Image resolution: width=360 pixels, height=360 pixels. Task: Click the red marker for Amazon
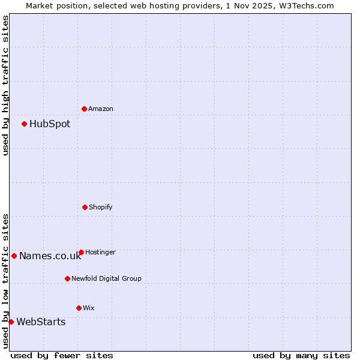(84, 109)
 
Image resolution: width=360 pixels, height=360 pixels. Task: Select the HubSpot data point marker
(24, 124)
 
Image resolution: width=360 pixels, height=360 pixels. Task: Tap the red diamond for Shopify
(85, 207)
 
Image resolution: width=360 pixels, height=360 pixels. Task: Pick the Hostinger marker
(81, 252)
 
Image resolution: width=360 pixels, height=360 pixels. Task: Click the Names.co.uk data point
(14, 256)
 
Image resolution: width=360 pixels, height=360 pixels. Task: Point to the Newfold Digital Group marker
(67, 278)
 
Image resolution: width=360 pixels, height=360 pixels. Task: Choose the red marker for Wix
(79, 308)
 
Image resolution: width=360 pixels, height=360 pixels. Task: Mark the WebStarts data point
(11, 322)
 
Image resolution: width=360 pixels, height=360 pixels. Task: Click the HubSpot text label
(50, 124)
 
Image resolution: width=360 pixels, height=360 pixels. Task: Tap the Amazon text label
(101, 109)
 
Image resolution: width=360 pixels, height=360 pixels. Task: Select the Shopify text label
(101, 208)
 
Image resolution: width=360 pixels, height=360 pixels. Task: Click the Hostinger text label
(100, 253)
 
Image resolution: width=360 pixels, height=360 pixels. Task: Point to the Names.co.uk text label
(50, 256)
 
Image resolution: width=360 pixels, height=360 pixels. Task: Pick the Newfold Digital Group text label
(107, 279)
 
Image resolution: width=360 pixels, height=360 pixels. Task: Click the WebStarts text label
(41, 322)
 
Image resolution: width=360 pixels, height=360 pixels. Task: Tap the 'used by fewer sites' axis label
(62, 355)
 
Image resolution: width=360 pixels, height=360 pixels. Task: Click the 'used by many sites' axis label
(301, 355)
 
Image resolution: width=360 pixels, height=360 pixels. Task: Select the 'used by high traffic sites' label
(5, 85)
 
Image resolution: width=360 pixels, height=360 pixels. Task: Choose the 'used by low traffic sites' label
(5, 280)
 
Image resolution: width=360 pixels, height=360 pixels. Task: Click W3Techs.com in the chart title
(305, 5)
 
